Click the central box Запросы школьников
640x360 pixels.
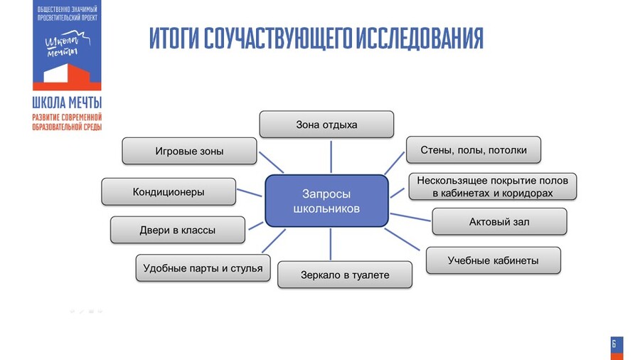(x=326, y=201)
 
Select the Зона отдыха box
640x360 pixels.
(x=326, y=125)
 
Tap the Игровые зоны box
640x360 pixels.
(x=189, y=151)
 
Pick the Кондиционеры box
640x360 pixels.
(x=169, y=191)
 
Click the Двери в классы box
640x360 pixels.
(x=177, y=230)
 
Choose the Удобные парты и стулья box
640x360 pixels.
(x=203, y=268)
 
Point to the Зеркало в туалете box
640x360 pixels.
(x=345, y=275)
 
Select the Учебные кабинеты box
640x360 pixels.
(x=493, y=260)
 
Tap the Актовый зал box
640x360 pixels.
(x=499, y=221)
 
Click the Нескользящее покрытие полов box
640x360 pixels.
(x=493, y=186)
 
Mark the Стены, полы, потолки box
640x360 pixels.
(x=474, y=150)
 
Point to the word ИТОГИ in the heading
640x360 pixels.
(x=174, y=39)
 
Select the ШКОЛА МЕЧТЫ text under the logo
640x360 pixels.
(x=67, y=102)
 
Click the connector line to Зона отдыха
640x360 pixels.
(x=331, y=156)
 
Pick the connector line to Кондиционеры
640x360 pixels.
(x=250, y=193)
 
